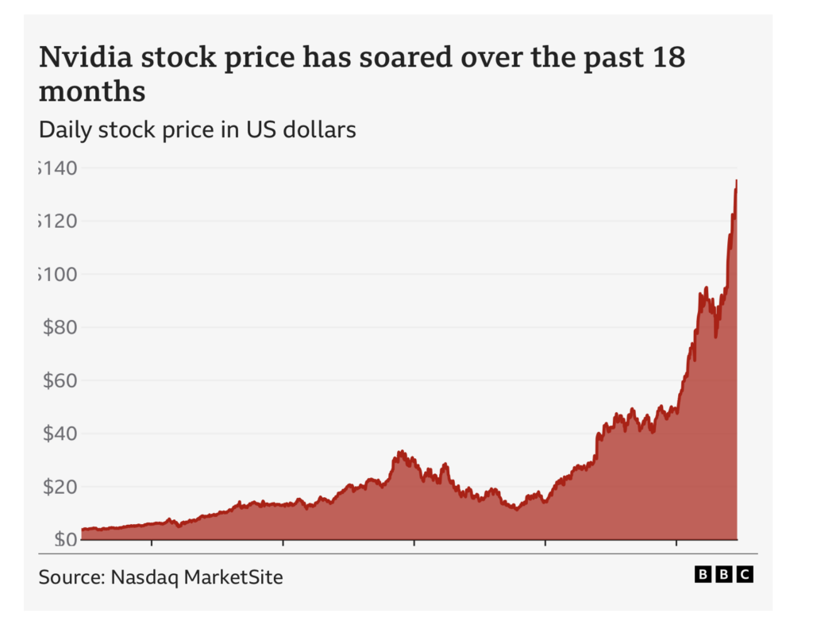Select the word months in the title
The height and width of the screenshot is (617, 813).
click(92, 92)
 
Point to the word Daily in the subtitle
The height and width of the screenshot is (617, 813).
click(65, 129)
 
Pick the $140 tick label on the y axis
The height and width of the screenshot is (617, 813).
click(59, 168)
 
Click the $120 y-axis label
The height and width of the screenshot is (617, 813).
click(59, 222)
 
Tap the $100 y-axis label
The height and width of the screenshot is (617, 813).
click(59, 275)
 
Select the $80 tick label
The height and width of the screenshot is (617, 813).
click(59, 327)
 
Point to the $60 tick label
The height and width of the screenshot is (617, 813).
click(59, 380)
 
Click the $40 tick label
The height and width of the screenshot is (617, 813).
click(59, 434)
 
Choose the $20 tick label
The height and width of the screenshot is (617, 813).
click(59, 487)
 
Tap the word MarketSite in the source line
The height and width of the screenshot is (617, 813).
click(233, 577)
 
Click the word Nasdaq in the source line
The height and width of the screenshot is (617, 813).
click(144, 577)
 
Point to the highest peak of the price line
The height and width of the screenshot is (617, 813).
click(736, 182)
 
